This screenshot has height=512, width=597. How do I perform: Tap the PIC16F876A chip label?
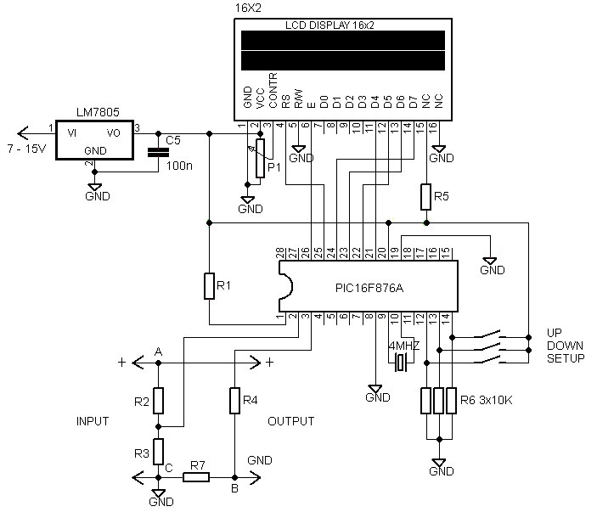click(369, 288)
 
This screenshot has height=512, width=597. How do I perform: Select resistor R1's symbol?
click(209, 286)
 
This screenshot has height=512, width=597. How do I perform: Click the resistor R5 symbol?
click(425, 198)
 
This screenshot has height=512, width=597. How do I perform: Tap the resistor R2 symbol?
click(158, 399)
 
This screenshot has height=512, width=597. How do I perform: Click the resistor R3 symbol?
click(158, 450)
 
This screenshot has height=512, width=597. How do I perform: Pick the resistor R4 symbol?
click(234, 399)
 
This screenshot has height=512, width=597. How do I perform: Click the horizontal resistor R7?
click(196, 477)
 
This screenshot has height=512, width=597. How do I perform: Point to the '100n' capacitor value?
click(178, 166)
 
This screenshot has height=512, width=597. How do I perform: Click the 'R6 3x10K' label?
click(486, 400)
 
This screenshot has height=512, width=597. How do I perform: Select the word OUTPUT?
click(291, 421)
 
